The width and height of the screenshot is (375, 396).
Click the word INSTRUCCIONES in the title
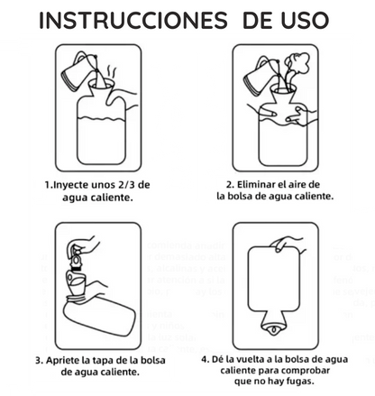click(133, 21)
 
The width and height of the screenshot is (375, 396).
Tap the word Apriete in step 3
click(63, 361)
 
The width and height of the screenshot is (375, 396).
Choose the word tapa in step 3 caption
click(103, 361)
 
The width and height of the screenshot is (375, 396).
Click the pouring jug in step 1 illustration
click(78, 71)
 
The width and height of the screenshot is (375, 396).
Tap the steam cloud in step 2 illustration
click(297, 64)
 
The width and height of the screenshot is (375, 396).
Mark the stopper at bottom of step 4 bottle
click(273, 329)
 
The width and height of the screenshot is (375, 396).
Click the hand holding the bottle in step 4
click(287, 244)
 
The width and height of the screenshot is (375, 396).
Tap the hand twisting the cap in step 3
click(84, 245)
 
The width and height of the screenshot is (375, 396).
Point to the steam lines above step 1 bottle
click(112, 72)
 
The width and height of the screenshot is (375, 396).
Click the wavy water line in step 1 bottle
click(101, 118)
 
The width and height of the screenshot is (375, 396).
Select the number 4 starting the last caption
click(205, 360)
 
